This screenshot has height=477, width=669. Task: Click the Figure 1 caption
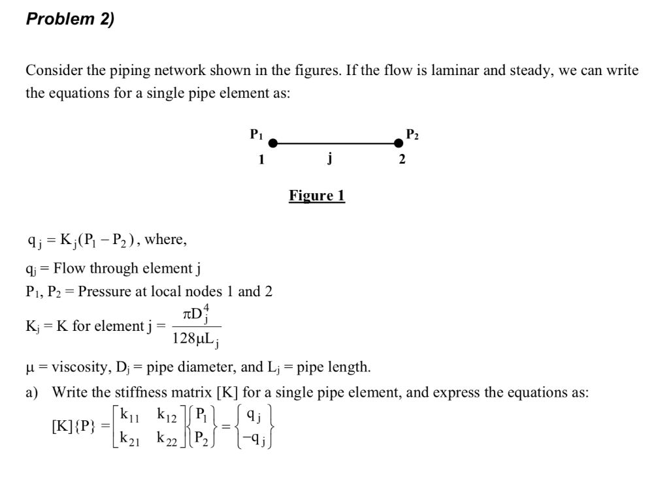point(317,195)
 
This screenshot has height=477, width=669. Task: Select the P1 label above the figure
point(256,134)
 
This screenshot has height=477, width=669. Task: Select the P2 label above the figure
point(412,135)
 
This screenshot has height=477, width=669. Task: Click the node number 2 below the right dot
point(402,159)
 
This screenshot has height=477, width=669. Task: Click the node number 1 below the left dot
point(261,159)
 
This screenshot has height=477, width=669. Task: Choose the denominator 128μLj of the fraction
point(196,339)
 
